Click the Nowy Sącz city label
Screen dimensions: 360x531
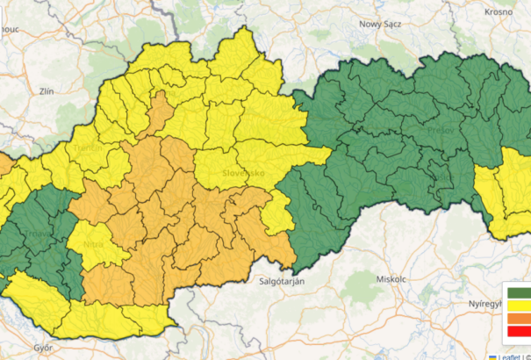pyautogui.click(x=380, y=24)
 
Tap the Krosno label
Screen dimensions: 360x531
pyautogui.click(x=499, y=12)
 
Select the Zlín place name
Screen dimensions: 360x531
pyautogui.click(x=47, y=90)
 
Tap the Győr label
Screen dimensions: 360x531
pyautogui.click(x=43, y=347)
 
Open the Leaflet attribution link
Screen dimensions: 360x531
pyautogui.click(x=511, y=356)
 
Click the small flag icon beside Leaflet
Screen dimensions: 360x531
pyautogui.click(x=492, y=356)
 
